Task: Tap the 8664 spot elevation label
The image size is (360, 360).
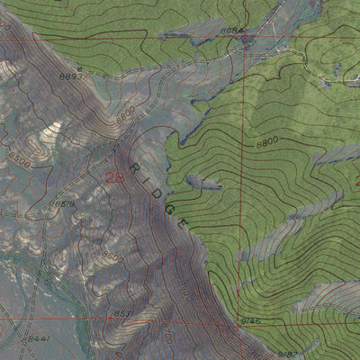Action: pos(231,31)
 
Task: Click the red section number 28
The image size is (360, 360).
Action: pos(114,177)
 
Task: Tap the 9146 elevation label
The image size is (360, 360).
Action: pos(249,320)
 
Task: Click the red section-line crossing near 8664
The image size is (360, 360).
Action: pos(242,38)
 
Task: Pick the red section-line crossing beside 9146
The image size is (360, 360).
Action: pos(241,319)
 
